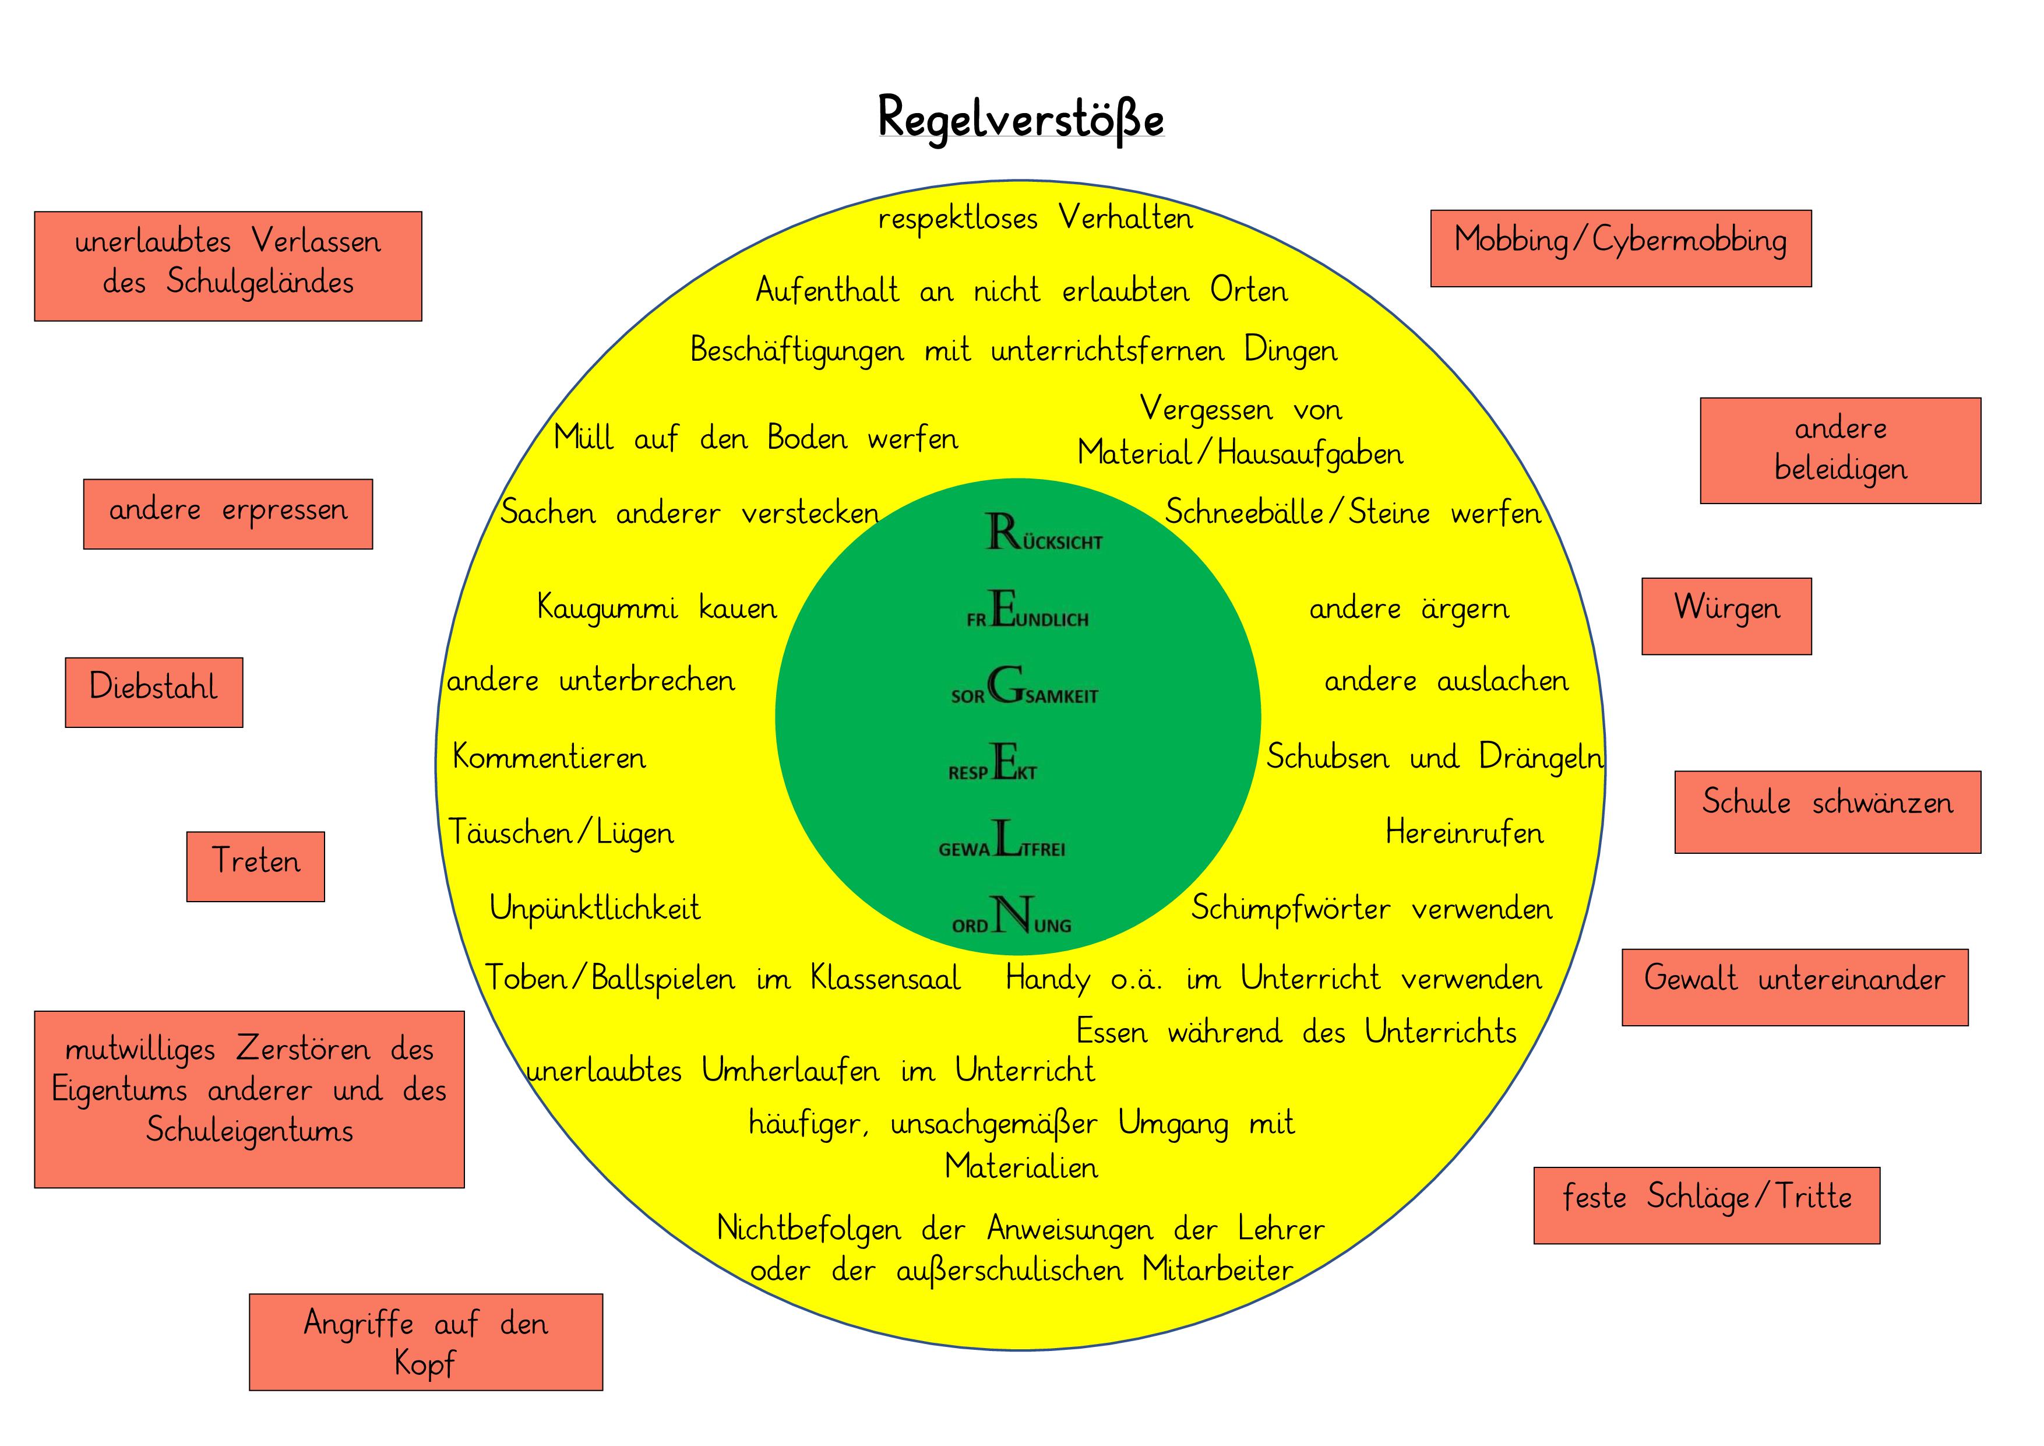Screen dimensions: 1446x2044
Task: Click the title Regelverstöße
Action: point(1020,118)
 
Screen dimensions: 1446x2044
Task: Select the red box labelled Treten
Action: point(255,866)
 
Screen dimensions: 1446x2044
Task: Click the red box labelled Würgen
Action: point(1726,615)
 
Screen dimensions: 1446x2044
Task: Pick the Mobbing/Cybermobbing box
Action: point(1620,248)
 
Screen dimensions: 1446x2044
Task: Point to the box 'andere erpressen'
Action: point(228,513)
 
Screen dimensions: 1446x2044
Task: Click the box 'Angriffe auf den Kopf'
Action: point(425,1341)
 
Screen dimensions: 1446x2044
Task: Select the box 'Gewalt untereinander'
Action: point(1794,987)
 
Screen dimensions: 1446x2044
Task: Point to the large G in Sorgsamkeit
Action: point(1005,685)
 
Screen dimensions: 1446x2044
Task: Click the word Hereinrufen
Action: point(1464,832)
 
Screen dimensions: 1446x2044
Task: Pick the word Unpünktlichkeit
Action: point(595,908)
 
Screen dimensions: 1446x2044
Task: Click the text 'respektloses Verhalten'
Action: point(1035,218)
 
